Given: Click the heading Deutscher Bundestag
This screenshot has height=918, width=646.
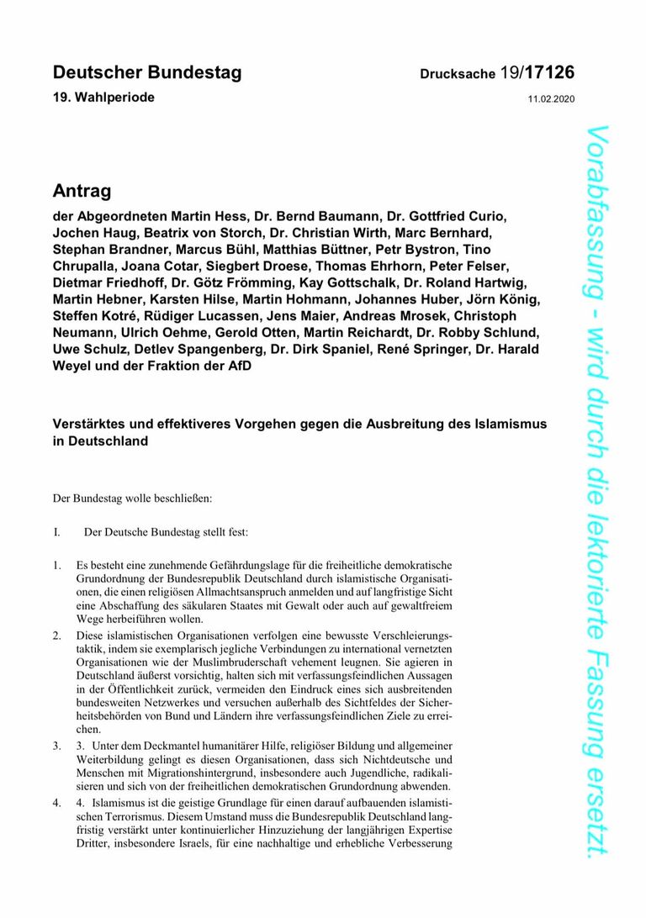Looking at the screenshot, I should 147,72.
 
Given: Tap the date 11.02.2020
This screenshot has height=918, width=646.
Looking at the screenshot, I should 551,99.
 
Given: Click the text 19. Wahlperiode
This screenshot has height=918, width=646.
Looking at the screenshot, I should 103,98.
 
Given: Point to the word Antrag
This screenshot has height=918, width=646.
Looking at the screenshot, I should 82,191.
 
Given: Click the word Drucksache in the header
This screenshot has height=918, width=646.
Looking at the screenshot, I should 458,75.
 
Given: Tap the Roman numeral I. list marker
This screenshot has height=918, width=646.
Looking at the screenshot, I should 57,532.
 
